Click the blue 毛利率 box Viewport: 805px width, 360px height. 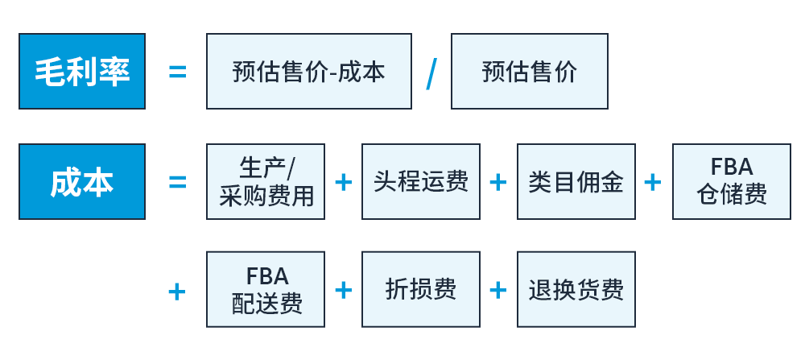(x=82, y=72)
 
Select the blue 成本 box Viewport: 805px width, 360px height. (x=82, y=181)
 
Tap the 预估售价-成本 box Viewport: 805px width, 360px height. (x=308, y=72)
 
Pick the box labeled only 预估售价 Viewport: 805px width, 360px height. (x=529, y=72)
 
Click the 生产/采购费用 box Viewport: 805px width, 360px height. (x=266, y=181)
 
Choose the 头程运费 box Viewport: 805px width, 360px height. (x=421, y=181)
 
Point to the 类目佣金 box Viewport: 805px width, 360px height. (x=576, y=181)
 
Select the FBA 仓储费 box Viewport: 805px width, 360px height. (x=732, y=181)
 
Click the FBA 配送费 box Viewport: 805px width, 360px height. (x=266, y=289)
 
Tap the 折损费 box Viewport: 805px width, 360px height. (x=421, y=289)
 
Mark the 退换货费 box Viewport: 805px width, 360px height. (x=576, y=289)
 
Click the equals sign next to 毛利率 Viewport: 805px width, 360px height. (x=177, y=72)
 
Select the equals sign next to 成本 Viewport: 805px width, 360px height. (x=177, y=182)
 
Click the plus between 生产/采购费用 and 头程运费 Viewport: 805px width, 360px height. (x=344, y=182)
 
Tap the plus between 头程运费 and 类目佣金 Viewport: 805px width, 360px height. (x=498, y=182)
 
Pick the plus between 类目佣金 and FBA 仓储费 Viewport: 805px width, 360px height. (x=653, y=182)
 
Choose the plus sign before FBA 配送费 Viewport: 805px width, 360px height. (x=176, y=290)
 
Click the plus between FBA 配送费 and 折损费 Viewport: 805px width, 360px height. (x=344, y=290)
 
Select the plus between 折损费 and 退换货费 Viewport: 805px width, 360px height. (x=498, y=290)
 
